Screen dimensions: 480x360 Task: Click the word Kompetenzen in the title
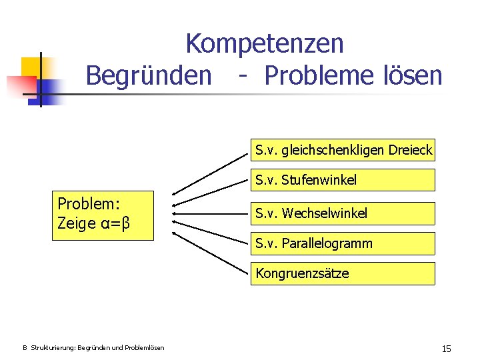(x=265, y=44)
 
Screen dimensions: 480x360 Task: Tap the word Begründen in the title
(x=148, y=75)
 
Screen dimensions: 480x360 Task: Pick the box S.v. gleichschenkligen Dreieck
(x=343, y=150)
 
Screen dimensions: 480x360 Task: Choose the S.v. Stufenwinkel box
(x=343, y=180)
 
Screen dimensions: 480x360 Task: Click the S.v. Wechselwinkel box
(x=343, y=213)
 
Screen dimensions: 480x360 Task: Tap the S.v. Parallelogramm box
(x=343, y=243)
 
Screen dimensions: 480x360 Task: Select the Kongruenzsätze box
(x=343, y=273)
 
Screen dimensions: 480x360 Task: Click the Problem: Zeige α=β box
(x=103, y=215)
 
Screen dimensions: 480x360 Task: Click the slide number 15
(x=446, y=349)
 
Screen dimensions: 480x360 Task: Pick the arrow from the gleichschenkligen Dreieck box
(x=208, y=173)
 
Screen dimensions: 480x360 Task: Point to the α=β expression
(x=112, y=223)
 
